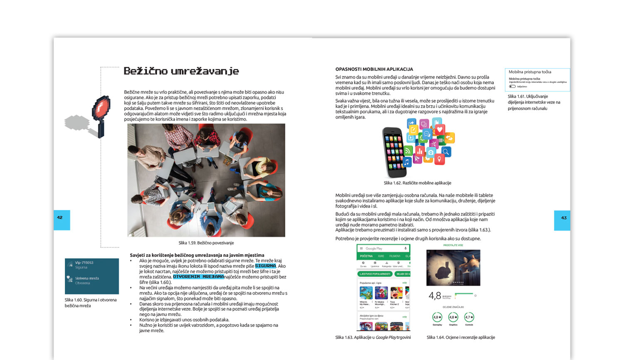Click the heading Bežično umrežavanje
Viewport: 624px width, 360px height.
[181, 71]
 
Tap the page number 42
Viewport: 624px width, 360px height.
[60, 217]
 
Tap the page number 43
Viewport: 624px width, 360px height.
[564, 217]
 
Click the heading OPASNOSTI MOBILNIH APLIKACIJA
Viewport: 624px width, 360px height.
[374, 69]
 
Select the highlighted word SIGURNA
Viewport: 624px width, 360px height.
[265, 266]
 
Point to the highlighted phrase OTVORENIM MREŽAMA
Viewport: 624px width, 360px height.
[198, 276]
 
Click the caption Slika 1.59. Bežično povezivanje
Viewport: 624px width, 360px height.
[206, 243]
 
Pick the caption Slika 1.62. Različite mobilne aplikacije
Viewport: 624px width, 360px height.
[417, 183]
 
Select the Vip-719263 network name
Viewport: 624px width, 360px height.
[84, 263]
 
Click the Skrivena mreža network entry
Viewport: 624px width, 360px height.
[87, 278]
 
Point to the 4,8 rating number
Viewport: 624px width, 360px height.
[435, 296]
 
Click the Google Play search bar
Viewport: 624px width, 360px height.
[383, 249]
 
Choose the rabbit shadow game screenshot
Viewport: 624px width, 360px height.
[453, 268]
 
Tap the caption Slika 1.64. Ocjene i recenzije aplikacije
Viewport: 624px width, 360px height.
[461, 338]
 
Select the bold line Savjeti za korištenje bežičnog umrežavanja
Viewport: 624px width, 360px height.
[197, 255]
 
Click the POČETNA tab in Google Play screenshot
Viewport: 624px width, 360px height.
[366, 256]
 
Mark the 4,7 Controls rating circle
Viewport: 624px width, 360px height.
[469, 318]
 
